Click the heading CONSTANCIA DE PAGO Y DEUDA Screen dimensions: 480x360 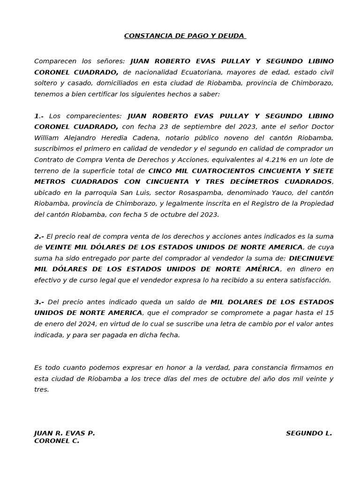coord(185,36)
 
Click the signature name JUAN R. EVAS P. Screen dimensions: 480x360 coord(65,434)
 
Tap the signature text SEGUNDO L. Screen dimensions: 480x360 coord(309,434)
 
